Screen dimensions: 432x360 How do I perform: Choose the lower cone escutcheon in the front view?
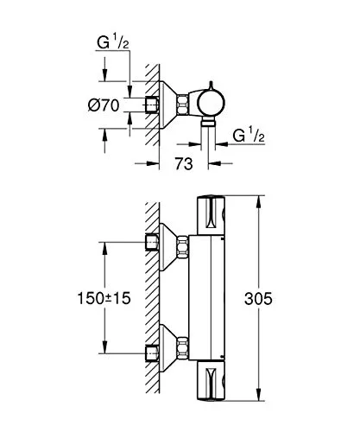[x=173, y=351]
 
